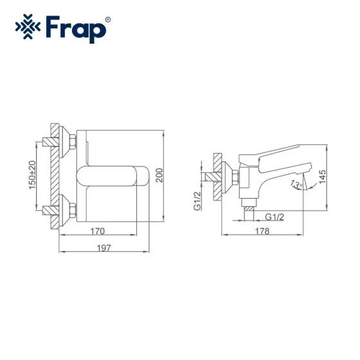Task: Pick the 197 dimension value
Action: pos(106,248)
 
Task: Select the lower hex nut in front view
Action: pos(72,210)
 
